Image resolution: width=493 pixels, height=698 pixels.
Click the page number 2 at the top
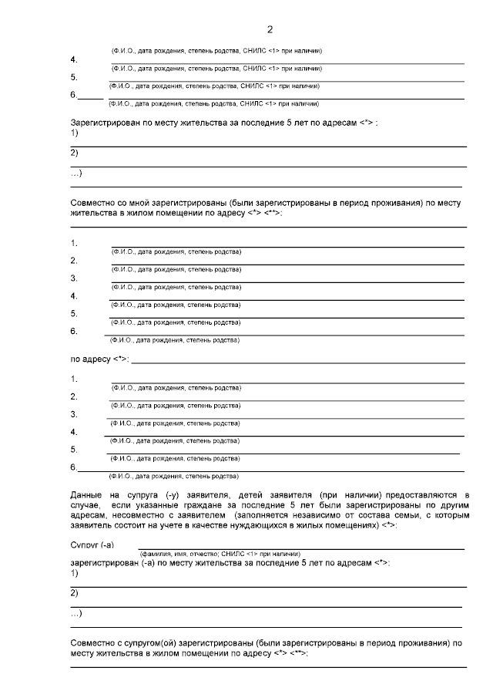tap(270, 30)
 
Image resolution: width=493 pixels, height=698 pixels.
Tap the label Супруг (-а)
tap(92, 545)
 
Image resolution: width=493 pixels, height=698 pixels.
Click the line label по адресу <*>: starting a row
tap(99, 359)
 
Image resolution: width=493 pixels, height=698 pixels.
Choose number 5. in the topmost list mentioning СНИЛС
tap(74, 77)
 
